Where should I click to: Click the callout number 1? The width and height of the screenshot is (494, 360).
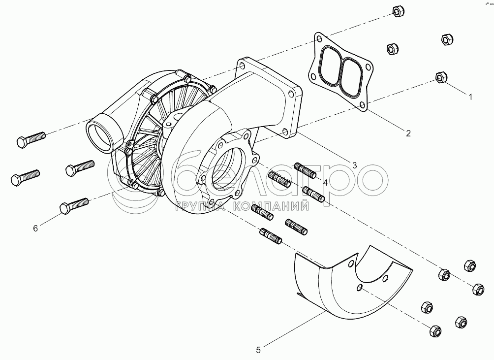click(470, 97)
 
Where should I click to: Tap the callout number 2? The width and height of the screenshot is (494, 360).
click(408, 132)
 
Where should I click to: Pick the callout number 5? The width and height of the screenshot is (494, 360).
click(258, 350)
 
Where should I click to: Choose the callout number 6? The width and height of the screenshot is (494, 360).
click(35, 228)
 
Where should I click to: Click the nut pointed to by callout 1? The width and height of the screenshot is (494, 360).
click(441, 77)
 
